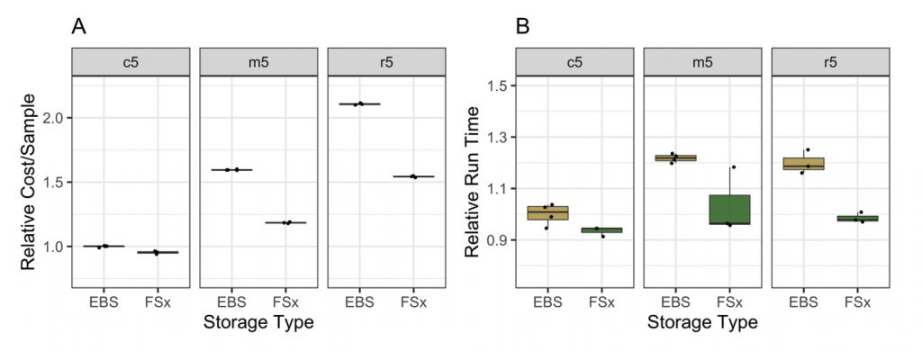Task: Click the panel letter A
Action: [x=79, y=28]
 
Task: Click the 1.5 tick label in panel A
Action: [x=53, y=182]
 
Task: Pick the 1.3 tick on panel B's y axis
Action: [x=497, y=138]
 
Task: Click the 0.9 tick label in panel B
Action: [x=497, y=240]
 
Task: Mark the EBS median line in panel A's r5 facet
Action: [x=359, y=104]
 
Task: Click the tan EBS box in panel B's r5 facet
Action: [x=803, y=164]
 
